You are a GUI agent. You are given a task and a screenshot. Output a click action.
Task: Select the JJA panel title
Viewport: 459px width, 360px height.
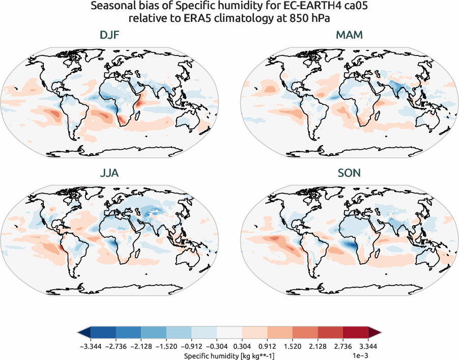pyautogui.click(x=110, y=173)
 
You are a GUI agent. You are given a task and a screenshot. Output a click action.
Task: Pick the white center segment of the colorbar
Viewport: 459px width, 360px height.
pyautogui.click(x=230, y=333)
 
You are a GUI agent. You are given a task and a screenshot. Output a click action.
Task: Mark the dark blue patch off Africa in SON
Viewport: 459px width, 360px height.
pyautogui.click(x=351, y=245)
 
